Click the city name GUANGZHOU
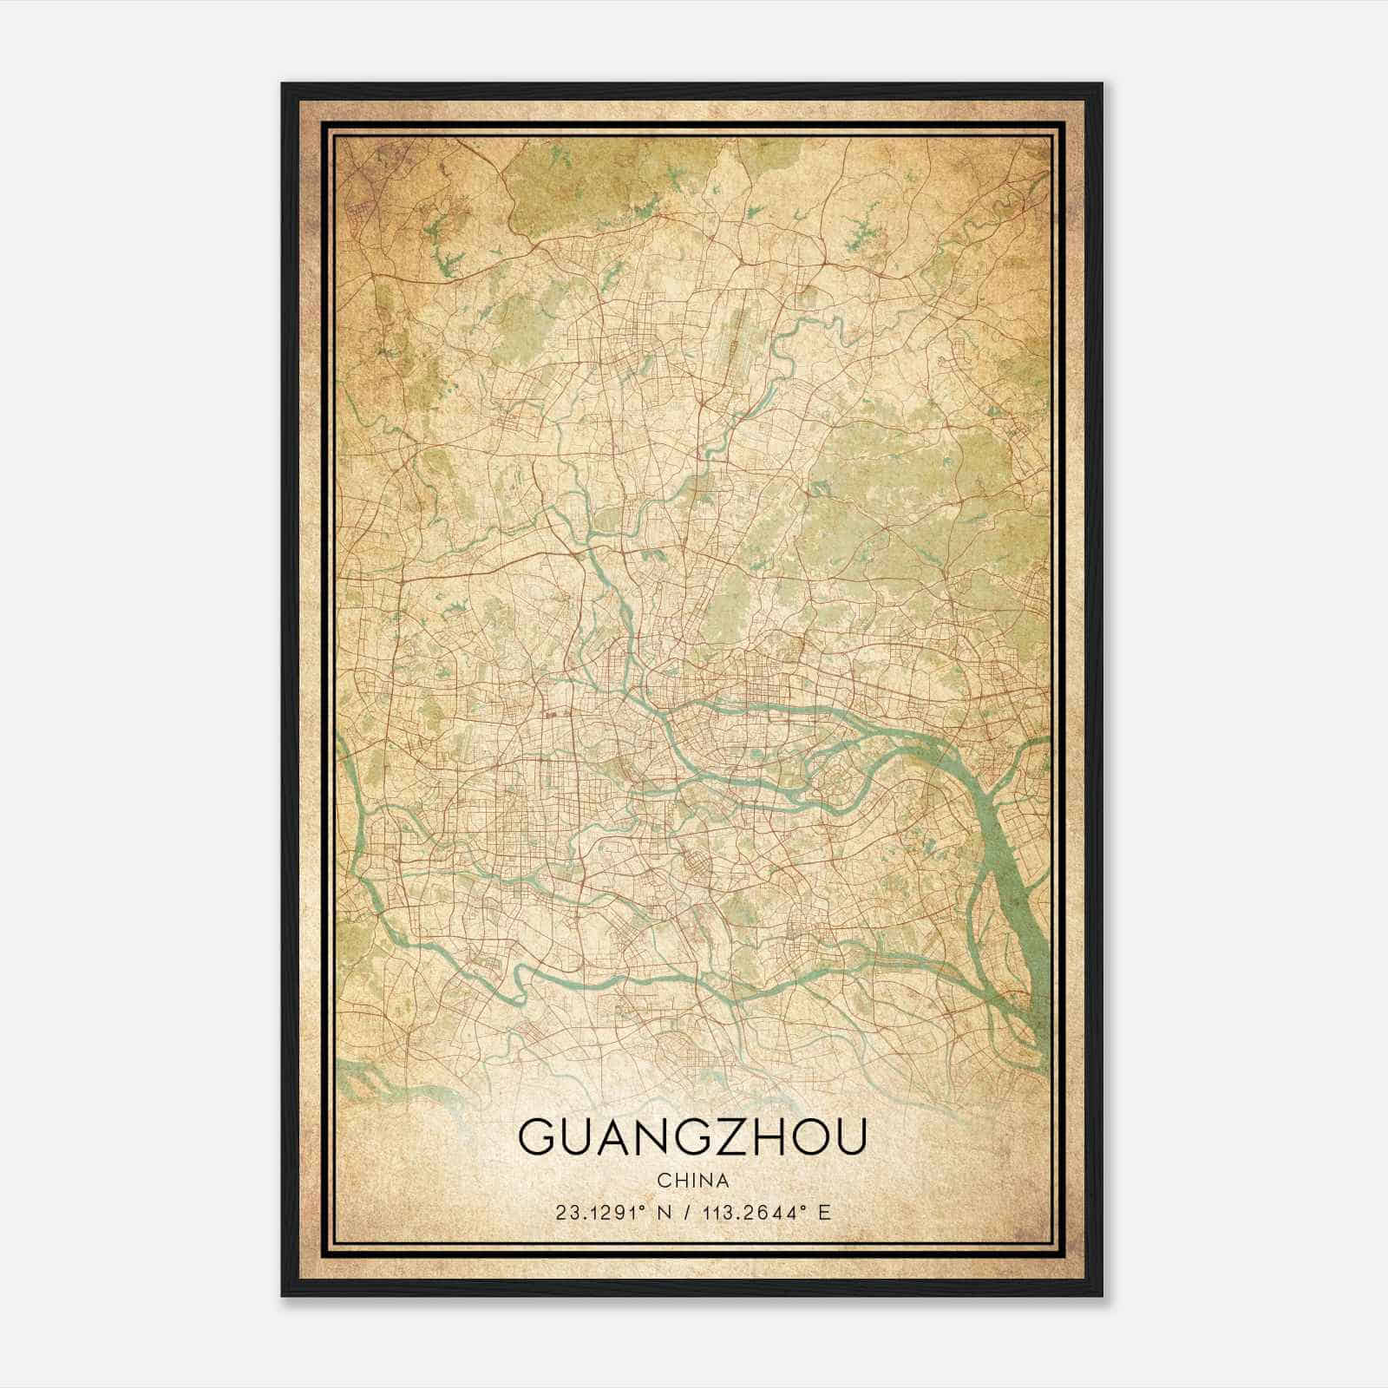(691, 1138)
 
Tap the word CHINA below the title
(692, 1181)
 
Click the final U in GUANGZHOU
(850, 1138)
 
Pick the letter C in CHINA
(663, 1181)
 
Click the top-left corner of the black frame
(284, 85)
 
